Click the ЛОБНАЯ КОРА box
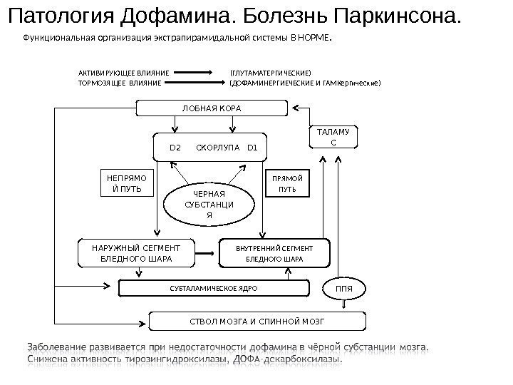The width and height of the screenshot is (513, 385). click(212, 108)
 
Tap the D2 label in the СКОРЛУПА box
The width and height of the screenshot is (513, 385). click(175, 148)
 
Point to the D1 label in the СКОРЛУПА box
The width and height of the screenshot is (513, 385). click(252, 148)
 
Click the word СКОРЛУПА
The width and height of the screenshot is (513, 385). click(214, 148)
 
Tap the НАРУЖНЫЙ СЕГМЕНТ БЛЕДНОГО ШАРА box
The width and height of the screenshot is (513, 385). click(136, 252)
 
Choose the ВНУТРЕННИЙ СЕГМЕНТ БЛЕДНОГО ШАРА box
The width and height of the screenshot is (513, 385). click(274, 252)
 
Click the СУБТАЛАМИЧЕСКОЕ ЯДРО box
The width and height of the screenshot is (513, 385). click(213, 289)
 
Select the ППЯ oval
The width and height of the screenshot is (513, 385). click(345, 289)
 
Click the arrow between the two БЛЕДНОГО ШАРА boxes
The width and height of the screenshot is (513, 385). click(207, 252)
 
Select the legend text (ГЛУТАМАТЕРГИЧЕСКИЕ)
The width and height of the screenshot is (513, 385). click(270, 73)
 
